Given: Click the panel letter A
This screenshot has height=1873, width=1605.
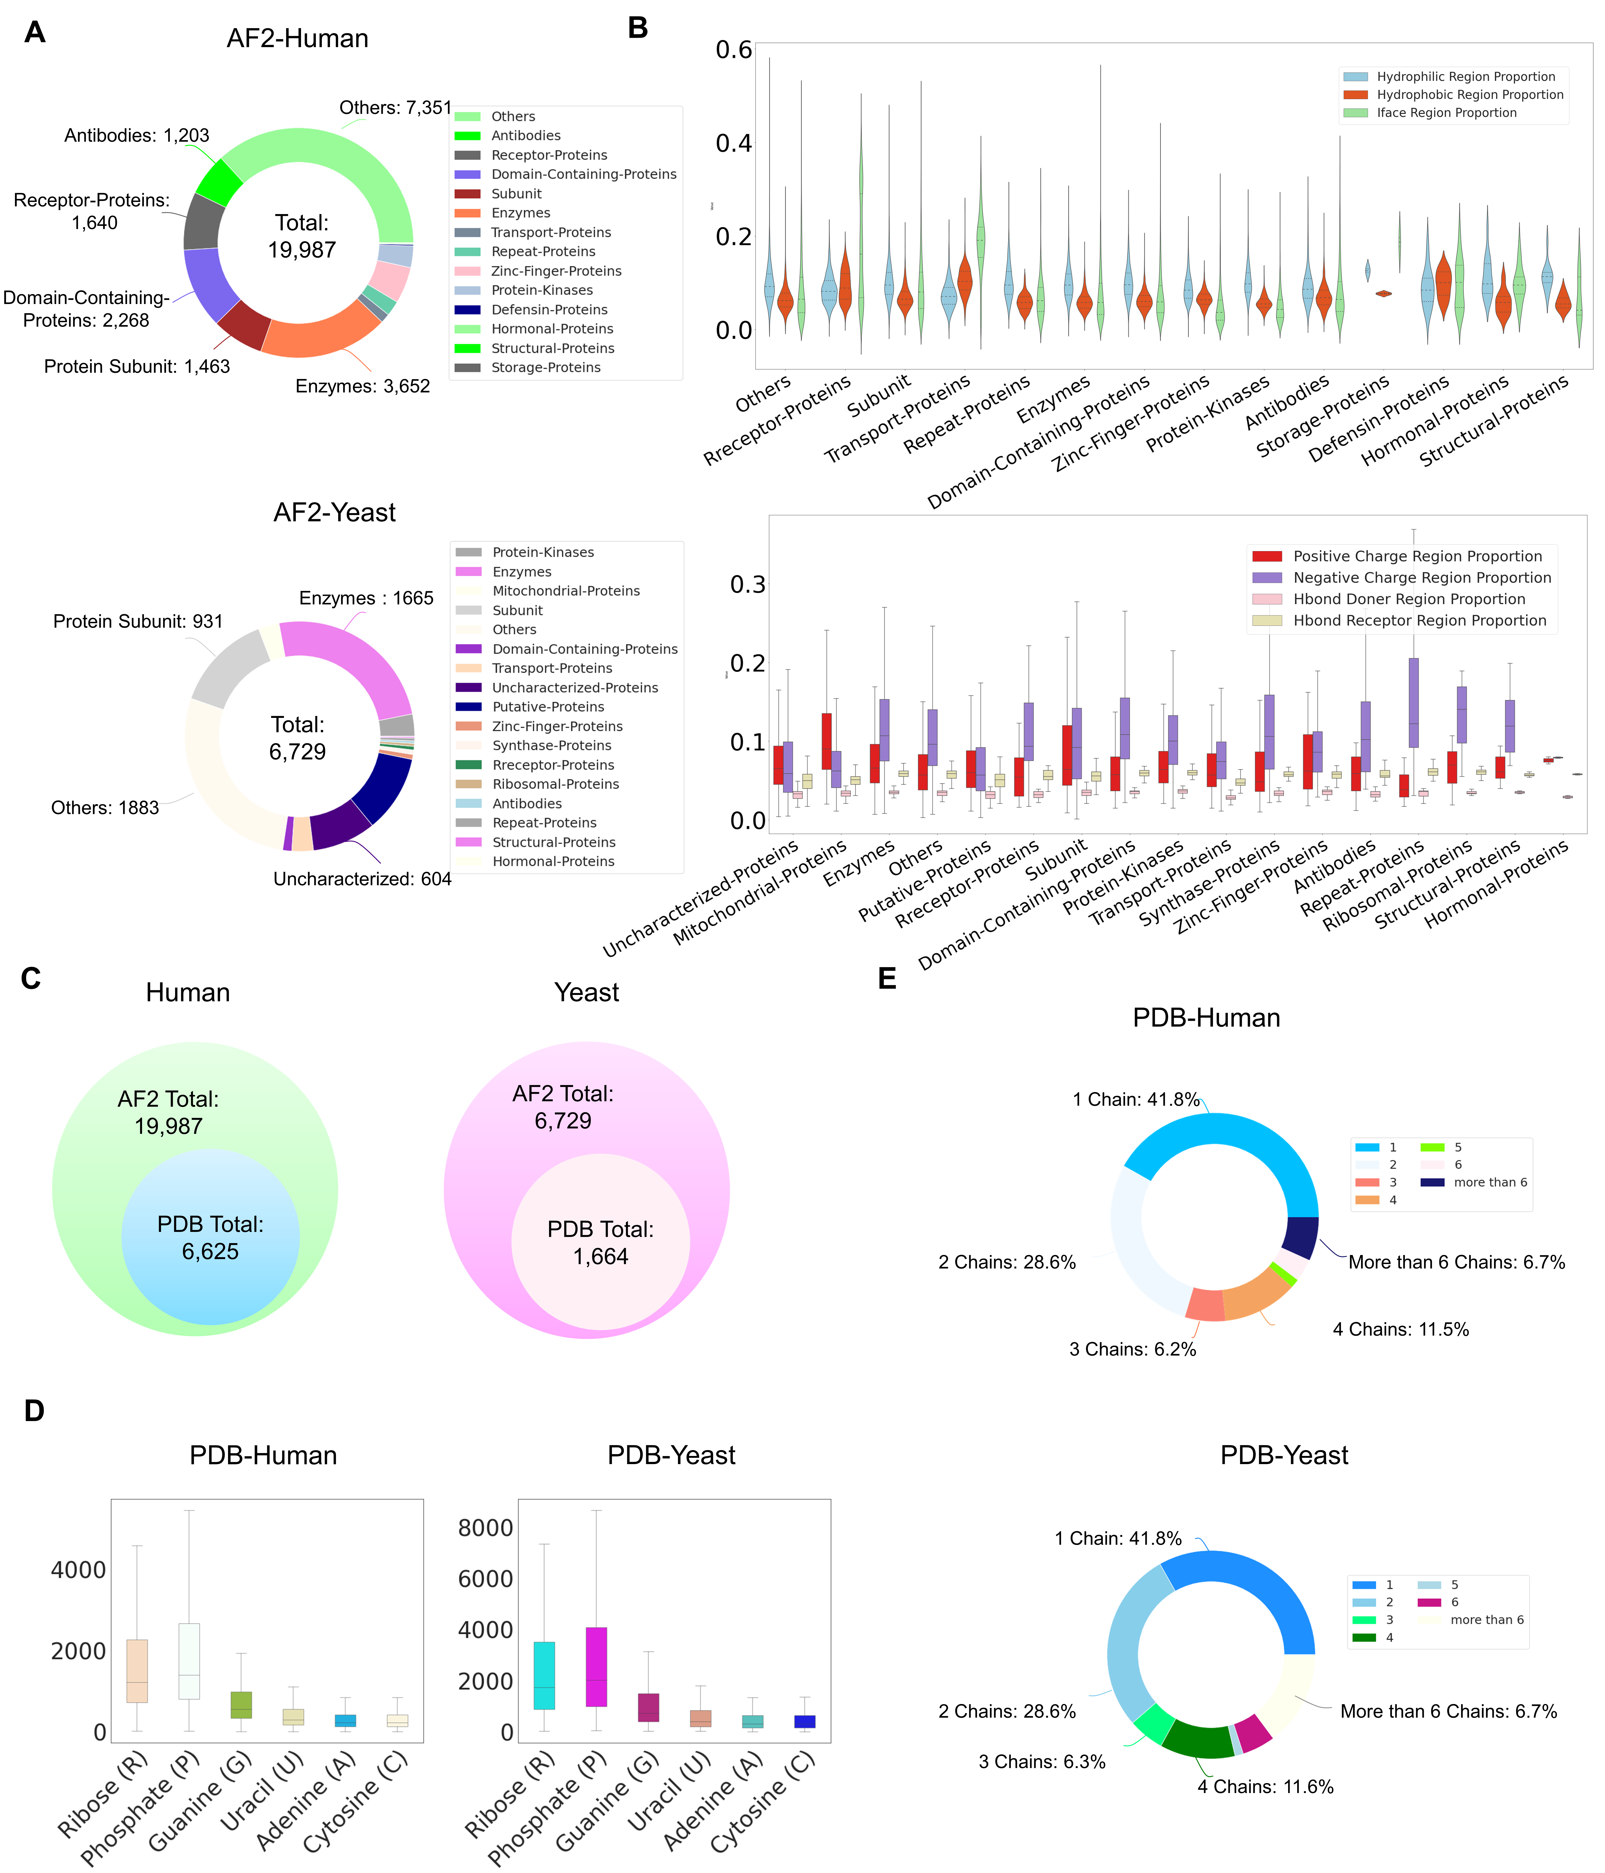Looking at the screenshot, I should pos(34,33).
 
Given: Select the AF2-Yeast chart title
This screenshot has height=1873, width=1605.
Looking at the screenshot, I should pos(334,513).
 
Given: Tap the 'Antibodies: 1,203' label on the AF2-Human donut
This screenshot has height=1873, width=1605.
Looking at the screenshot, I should pos(136,136).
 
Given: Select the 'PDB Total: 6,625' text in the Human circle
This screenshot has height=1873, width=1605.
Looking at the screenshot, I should pos(211,1238).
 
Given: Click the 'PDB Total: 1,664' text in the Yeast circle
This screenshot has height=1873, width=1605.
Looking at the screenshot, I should pos(600,1242).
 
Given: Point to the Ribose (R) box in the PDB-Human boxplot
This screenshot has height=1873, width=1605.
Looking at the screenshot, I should pos(136,1670).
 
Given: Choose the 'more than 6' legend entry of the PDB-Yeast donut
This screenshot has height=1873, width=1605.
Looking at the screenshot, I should pos(1487,1620).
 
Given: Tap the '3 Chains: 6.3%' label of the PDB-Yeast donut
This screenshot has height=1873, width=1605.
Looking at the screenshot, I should pos(1042,1762).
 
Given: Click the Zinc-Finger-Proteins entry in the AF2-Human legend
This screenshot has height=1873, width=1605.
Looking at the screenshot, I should pos(556,271).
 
